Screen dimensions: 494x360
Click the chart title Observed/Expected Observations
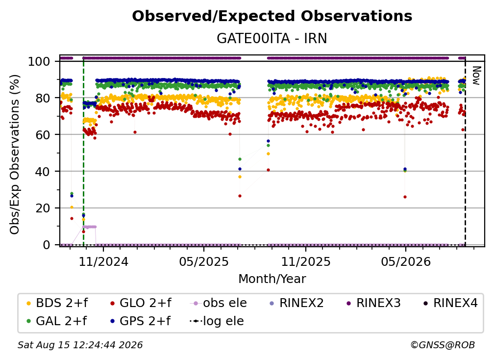point(272,16)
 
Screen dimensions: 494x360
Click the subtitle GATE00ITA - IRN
point(272,39)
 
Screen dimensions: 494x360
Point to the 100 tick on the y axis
point(39,61)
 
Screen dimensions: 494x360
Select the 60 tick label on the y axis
point(43,135)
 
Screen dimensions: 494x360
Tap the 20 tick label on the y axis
point(43,208)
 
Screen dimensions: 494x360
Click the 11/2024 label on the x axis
point(103,261)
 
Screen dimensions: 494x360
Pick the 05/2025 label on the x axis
point(204,261)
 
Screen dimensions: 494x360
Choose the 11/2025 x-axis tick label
point(306,261)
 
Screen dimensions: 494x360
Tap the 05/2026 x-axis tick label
point(406,261)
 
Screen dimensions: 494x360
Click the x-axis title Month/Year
point(272,279)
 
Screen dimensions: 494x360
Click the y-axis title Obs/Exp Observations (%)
point(15,154)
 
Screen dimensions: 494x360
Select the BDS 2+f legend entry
point(57,303)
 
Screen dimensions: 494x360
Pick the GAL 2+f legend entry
point(57,321)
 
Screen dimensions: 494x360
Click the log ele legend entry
point(217,321)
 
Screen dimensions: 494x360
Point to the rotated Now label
point(476,76)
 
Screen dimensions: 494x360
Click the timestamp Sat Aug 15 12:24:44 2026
point(80,345)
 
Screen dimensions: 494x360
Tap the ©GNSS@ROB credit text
point(443,345)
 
